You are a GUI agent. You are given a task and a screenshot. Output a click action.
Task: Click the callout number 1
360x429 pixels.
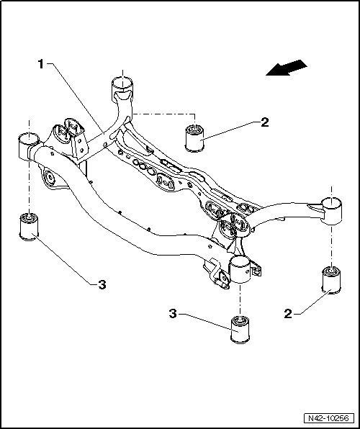click(40, 64)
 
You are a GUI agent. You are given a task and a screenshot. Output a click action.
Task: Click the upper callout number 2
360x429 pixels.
click(265, 122)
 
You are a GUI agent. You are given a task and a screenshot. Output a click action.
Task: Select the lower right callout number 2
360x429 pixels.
click(288, 314)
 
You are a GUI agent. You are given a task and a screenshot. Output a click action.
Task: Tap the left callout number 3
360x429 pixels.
click(102, 285)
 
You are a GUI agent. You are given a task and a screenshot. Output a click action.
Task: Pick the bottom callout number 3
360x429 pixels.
click(173, 314)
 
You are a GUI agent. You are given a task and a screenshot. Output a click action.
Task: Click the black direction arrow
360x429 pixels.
click(287, 68)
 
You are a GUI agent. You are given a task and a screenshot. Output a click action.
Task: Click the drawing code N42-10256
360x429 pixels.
click(328, 418)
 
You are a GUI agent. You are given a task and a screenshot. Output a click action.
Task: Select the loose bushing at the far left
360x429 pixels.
click(29, 227)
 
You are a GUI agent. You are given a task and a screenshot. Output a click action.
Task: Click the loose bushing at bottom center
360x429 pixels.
click(240, 329)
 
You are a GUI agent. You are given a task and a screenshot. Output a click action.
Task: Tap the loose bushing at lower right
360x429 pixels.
click(331, 280)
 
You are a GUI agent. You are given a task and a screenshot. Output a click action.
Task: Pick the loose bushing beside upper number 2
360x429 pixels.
click(194, 137)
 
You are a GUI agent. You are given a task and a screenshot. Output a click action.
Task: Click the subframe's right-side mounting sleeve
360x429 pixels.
click(331, 211)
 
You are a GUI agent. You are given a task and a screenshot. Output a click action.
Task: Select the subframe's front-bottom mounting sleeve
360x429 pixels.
click(240, 269)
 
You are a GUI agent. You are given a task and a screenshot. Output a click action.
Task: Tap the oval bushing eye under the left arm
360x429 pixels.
click(50, 178)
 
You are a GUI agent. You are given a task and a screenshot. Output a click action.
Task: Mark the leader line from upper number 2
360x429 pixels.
click(230, 131)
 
